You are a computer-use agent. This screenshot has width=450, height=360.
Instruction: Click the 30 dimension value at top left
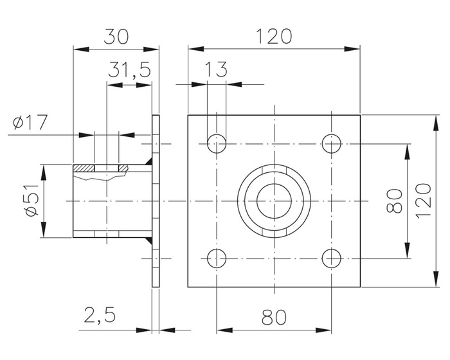(x=116, y=35)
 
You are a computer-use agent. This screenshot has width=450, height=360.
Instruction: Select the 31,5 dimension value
(x=129, y=70)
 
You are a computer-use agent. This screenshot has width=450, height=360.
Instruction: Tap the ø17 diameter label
(x=30, y=122)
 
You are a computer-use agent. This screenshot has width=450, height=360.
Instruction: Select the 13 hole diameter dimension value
(x=217, y=70)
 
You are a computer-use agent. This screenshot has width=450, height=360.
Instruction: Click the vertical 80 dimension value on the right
(x=394, y=201)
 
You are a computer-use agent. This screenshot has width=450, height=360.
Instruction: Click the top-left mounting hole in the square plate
(x=217, y=143)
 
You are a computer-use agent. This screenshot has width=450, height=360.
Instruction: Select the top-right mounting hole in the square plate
(x=332, y=143)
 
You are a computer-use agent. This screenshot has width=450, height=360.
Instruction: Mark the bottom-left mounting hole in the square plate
(x=217, y=258)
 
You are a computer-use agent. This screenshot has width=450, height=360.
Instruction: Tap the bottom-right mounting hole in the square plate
(x=332, y=258)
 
